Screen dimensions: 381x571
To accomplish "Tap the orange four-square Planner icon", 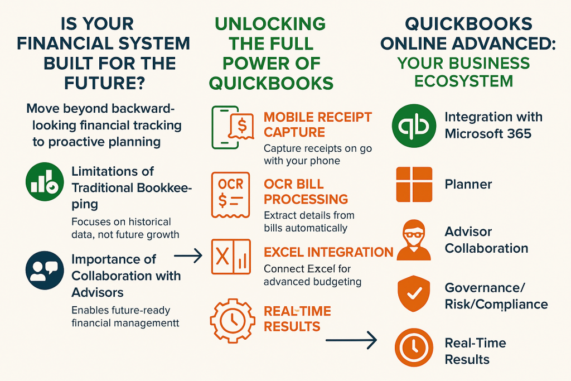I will coord(414,184).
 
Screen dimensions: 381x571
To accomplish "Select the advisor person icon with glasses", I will coord(413,240).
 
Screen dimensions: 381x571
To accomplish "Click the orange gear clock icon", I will coord(231,320).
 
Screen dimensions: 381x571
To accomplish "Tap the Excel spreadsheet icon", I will coord(230,257).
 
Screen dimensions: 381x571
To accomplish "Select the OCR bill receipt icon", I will coord(230,195).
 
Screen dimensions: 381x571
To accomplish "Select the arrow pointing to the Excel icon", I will coord(188,257).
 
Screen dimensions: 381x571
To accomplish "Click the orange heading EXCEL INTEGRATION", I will coord(328,252).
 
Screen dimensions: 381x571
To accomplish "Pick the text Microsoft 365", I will coord(488,134).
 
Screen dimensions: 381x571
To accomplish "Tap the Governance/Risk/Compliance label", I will coord(496,296).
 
